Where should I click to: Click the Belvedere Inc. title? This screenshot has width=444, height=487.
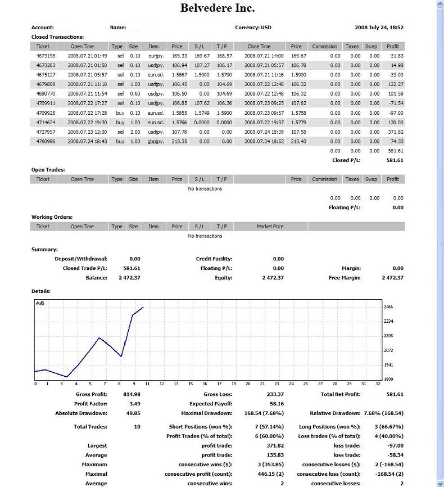(217, 8)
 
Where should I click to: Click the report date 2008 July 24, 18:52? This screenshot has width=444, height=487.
(379, 28)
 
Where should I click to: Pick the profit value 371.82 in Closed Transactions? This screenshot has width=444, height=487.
(396, 132)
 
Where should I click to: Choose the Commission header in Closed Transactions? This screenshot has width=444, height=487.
(325, 47)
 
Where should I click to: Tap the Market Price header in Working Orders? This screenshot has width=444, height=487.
(270, 227)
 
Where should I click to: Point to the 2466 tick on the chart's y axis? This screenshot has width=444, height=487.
(388, 307)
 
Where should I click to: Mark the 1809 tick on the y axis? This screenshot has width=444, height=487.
(388, 380)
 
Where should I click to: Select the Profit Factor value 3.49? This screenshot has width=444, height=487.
(132, 404)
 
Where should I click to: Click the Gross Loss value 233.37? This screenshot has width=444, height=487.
(275, 394)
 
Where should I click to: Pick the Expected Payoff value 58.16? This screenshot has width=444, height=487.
(277, 404)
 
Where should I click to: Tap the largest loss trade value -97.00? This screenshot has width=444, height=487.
(395, 445)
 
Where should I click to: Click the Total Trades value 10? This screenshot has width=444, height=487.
(137, 427)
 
